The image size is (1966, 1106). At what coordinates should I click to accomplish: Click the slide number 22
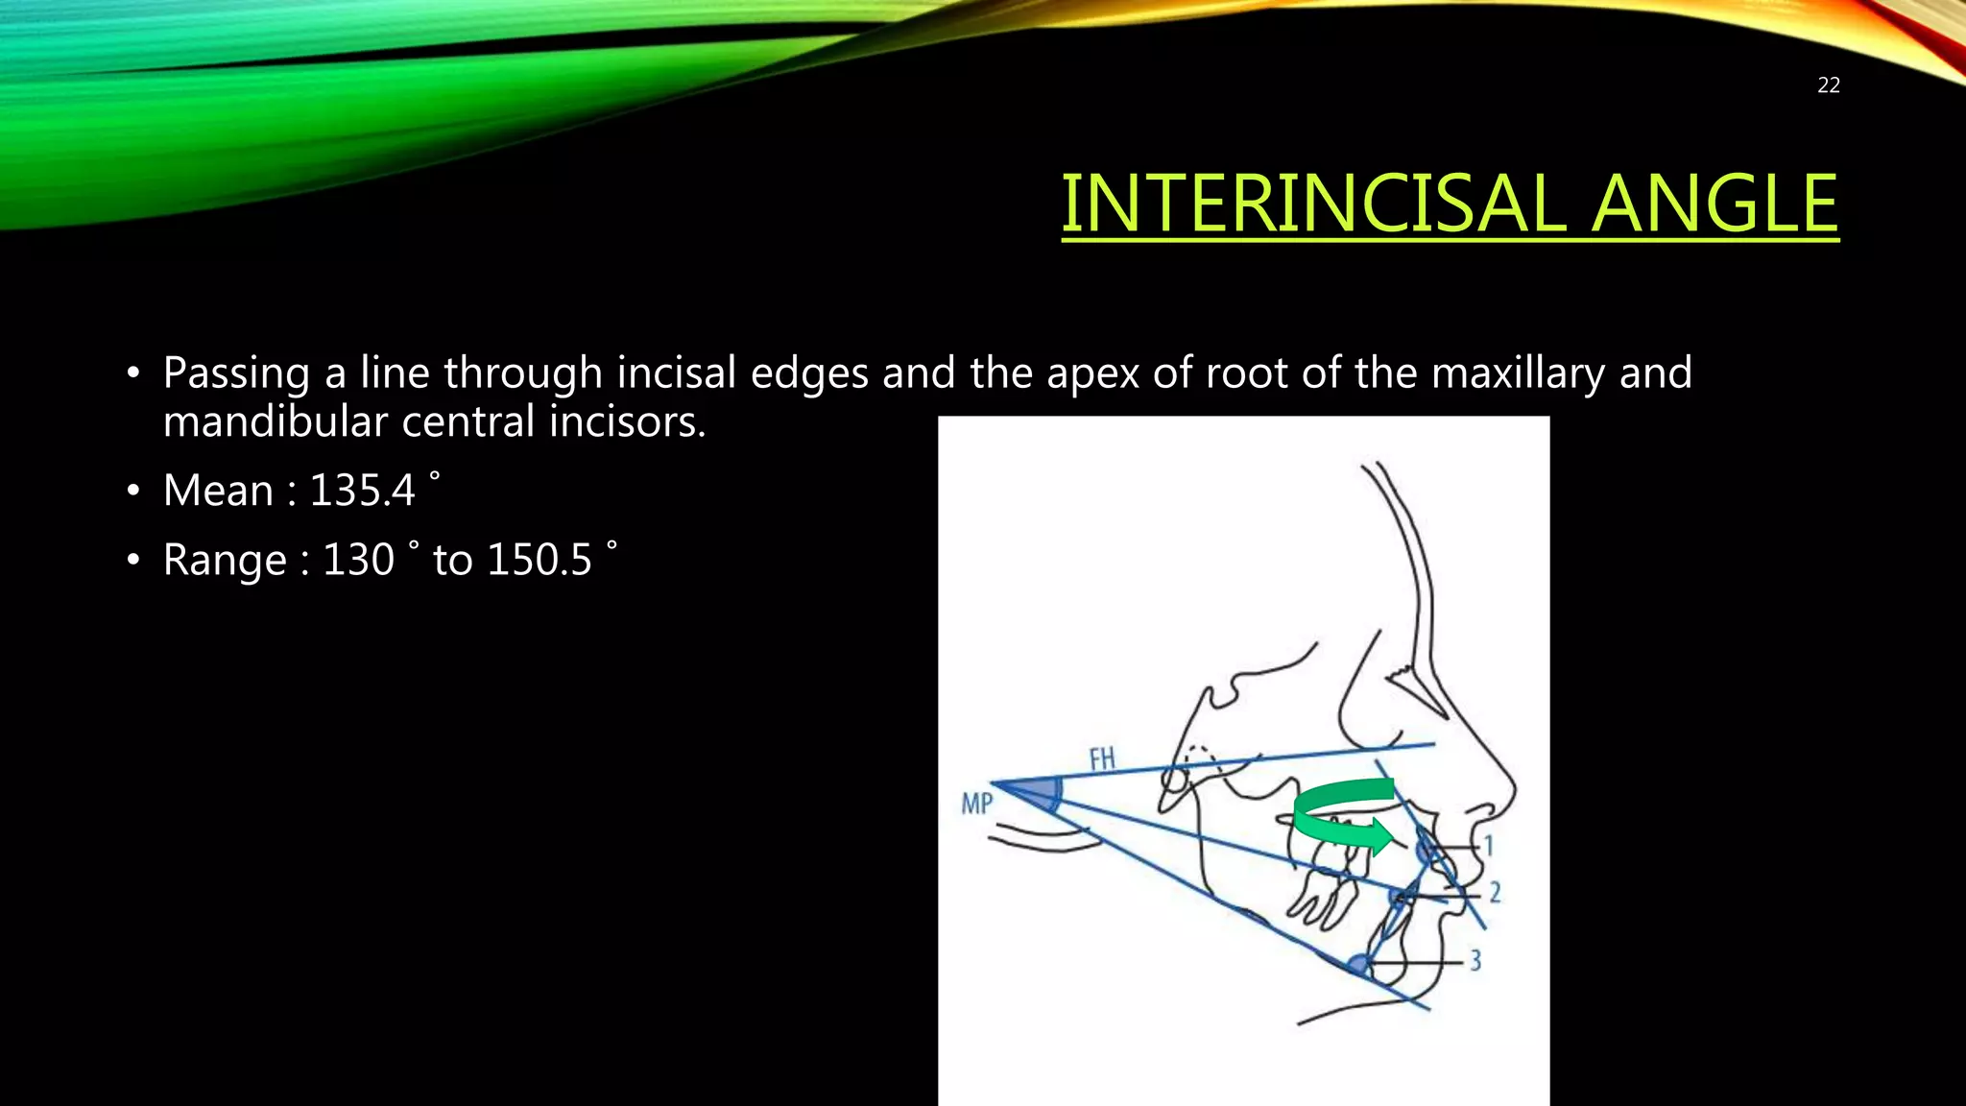[x=1828, y=85]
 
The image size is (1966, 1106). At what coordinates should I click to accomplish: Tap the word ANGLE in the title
[x=1714, y=204]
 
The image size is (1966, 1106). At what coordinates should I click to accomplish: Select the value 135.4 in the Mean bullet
[x=362, y=491]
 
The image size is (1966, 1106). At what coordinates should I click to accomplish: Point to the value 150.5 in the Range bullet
[x=539, y=560]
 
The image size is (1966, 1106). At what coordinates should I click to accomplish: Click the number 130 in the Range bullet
[x=358, y=560]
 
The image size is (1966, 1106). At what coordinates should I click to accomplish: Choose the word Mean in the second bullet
[x=219, y=491]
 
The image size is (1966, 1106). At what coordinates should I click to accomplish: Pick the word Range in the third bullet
[x=225, y=561]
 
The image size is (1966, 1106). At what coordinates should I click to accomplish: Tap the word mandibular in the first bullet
[x=276, y=421]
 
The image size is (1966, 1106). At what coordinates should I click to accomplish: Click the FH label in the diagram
[x=1102, y=759]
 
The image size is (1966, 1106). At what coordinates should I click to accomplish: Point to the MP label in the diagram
[x=976, y=803]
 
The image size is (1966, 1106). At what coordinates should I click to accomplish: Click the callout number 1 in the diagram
[x=1489, y=846]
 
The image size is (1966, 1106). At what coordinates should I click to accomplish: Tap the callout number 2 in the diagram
[x=1495, y=893]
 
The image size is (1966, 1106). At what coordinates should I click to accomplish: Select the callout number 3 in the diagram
[x=1475, y=959]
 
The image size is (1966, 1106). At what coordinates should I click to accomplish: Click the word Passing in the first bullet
[x=236, y=373]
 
